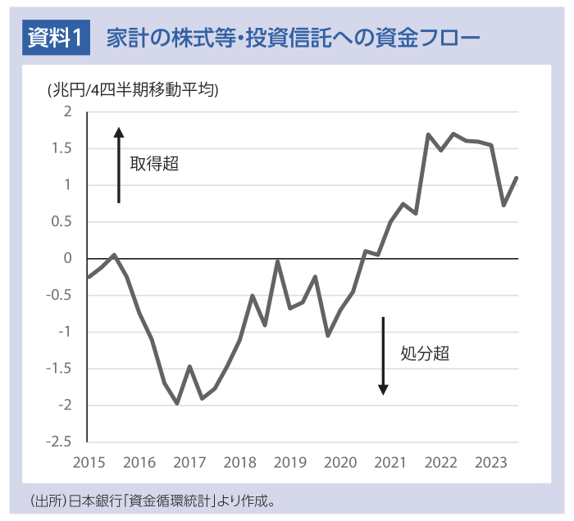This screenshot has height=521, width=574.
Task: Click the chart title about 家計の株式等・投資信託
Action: tap(292, 37)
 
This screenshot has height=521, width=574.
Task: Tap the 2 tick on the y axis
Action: tap(68, 111)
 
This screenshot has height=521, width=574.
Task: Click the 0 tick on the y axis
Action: tap(68, 258)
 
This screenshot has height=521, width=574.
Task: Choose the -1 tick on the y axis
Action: tap(65, 332)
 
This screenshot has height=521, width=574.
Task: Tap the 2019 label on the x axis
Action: tap(289, 463)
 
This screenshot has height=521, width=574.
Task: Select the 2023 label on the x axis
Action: tap(490, 463)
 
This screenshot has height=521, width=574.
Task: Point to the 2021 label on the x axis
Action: tap(389, 463)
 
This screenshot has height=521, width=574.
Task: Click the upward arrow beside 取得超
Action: tap(119, 164)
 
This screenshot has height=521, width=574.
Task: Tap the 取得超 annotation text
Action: tap(154, 164)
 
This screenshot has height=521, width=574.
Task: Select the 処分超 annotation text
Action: tap(425, 354)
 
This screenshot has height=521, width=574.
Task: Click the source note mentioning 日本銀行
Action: tap(157, 500)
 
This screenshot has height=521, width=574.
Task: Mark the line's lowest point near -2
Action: tap(176, 403)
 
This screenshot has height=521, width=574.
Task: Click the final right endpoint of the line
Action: tap(517, 178)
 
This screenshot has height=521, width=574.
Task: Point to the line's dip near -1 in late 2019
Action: tap(328, 335)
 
